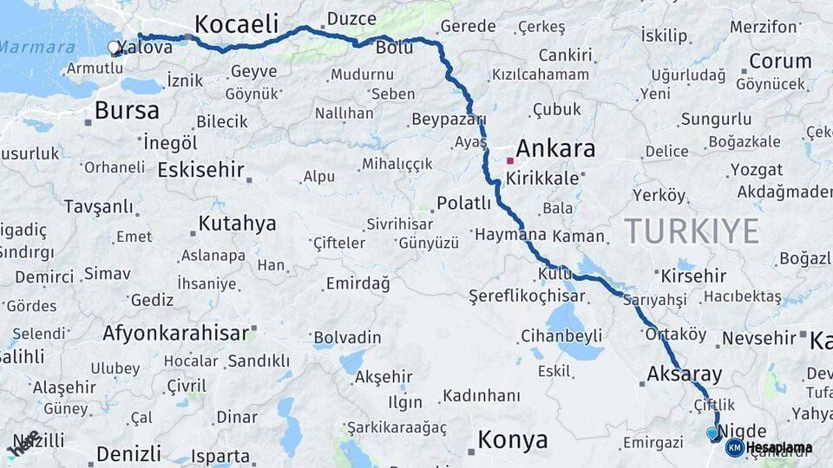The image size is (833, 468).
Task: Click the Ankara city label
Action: tap(555, 148)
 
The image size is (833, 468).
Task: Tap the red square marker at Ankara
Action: tap(510, 160)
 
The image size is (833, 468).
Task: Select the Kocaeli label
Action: tap(236, 23)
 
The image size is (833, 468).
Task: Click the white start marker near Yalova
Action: tap(114, 48)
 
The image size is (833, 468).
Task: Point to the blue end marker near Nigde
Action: tap(712, 432)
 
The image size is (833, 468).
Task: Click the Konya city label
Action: tap(513, 439)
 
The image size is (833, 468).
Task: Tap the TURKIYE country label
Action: tap(692, 231)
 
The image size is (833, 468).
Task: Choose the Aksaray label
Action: tap(685, 374)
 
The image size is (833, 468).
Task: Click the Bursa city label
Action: tap(127, 110)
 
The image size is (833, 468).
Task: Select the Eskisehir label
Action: tap(200, 169)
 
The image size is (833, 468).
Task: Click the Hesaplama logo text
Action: tap(779, 448)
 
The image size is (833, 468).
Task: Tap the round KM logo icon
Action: tap(734, 448)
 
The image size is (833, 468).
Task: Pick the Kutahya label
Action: tap(237, 224)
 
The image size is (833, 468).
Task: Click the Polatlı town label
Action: tap(463, 203)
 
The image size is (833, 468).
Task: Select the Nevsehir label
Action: tap(758, 338)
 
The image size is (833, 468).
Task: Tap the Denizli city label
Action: tap(128, 453)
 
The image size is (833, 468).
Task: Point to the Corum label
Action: tap(780, 61)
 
